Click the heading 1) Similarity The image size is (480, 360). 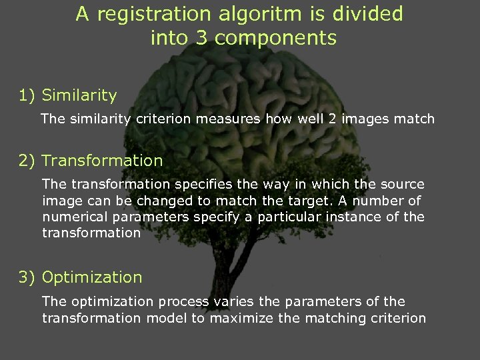68,96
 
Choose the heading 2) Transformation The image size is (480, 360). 91,161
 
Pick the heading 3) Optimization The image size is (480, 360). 81,277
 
